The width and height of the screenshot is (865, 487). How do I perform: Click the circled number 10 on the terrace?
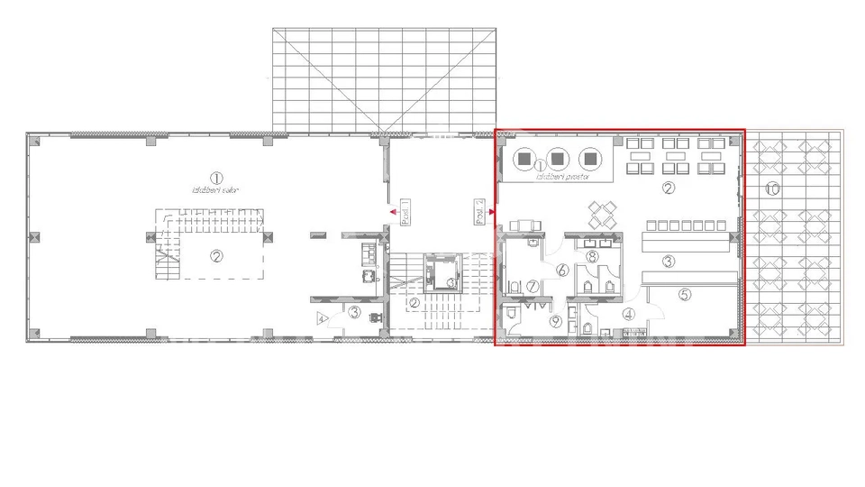click(x=771, y=188)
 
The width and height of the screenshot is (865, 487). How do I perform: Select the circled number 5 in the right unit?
click(x=684, y=294)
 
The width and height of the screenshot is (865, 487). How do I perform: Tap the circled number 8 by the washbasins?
click(x=591, y=257)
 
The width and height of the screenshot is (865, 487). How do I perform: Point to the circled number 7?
click(x=533, y=286)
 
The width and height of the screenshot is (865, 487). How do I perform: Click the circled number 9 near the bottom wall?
click(x=555, y=319)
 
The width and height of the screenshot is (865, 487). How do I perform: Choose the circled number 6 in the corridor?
click(x=560, y=269)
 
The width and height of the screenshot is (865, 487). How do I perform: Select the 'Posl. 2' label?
click(x=479, y=213)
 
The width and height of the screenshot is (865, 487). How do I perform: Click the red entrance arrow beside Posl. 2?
click(x=491, y=213)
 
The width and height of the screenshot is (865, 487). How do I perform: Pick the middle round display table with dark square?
click(x=557, y=159)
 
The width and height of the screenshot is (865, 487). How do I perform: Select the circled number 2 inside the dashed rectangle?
click(x=216, y=255)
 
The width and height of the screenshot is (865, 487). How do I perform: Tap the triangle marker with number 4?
click(x=321, y=318)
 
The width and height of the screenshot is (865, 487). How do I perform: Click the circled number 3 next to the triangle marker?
click(x=354, y=313)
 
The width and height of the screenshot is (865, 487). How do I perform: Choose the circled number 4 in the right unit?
click(x=628, y=315)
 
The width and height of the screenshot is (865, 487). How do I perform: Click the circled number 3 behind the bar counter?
click(x=669, y=262)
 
